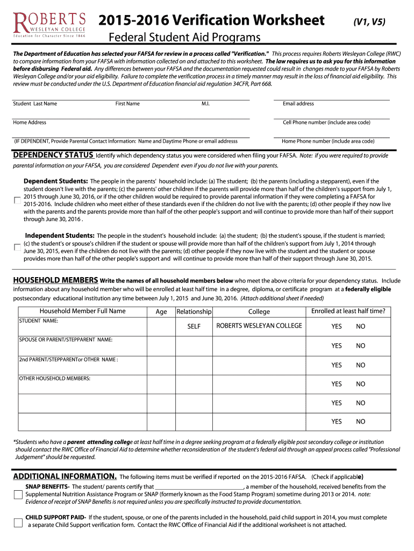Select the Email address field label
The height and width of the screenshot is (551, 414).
pyautogui.click(x=298, y=104)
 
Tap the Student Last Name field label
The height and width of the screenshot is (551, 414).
pyautogui.click(x=35, y=104)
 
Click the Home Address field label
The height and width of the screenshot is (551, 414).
pyautogui.click(x=30, y=123)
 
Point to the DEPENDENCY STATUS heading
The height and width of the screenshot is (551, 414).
pyautogui.click(x=53, y=156)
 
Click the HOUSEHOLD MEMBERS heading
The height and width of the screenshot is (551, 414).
pyautogui.click(x=55, y=280)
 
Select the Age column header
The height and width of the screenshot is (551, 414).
pyautogui.click(x=161, y=312)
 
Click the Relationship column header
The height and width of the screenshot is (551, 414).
pyautogui.click(x=194, y=312)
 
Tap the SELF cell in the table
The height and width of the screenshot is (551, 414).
pyautogui.click(x=194, y=327)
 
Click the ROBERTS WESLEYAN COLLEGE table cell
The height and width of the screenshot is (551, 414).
pyautogui.click(x=259, y=326)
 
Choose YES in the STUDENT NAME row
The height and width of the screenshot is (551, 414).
pyautogui.click(x=336, y=327)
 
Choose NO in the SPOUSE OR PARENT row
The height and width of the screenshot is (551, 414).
pyautogui.click(x=360, y=346)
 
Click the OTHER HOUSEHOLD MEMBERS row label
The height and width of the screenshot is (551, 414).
pyautogui.click(x=55, y=379)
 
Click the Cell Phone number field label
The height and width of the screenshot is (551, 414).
pyautogui.click(x=326, y=123)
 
